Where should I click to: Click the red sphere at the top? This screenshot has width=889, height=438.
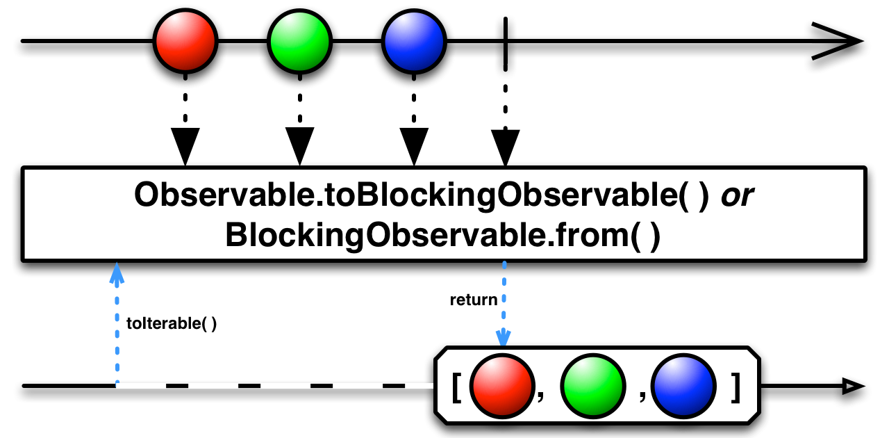[185, 41]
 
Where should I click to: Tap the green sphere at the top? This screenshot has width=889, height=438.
[299, 41]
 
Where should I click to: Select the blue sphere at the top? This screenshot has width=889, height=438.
[414, 41]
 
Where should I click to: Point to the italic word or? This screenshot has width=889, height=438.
[737, 196]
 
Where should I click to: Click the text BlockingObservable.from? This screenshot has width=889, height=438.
[425, 236]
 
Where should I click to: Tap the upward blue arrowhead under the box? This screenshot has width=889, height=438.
[117, 273]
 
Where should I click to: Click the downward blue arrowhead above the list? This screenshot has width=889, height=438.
[504, 338]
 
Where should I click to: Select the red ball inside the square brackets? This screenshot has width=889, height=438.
[501, 385]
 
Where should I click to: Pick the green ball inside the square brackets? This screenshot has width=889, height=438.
[592, 385]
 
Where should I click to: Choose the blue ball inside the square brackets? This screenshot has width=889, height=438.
[683, 385]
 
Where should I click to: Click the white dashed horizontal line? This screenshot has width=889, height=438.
[278, 385]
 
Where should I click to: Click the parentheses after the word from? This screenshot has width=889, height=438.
[644, 236]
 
